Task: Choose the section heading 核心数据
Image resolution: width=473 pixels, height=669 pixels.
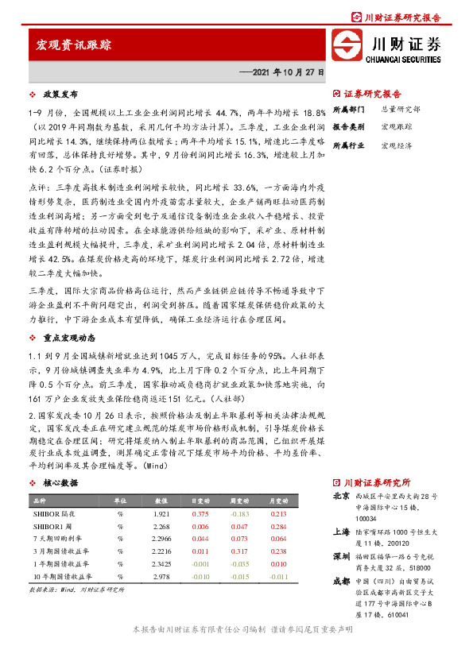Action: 58,482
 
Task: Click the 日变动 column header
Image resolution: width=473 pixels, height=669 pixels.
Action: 200,502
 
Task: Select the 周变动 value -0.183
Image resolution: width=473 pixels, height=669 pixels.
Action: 238,514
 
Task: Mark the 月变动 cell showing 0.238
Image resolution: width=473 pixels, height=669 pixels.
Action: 278,550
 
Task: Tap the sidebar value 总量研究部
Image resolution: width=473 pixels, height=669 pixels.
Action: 401,109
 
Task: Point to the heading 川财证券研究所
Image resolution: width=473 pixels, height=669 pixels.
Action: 377,482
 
